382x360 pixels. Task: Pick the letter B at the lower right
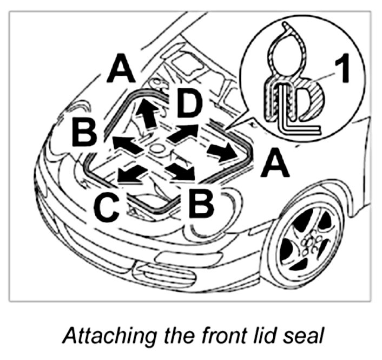(x=201, y=203)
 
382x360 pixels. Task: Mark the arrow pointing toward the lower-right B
(x=181, y=171)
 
